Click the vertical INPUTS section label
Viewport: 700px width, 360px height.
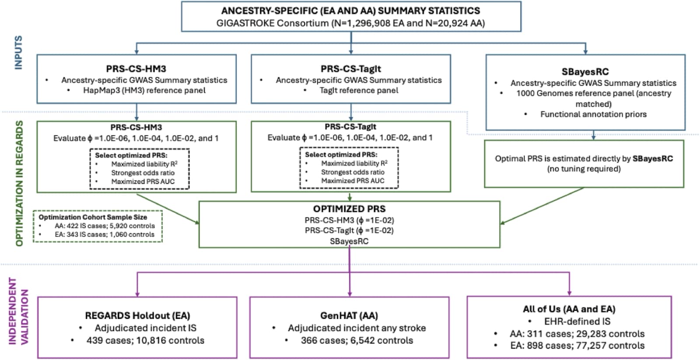pos(18,52)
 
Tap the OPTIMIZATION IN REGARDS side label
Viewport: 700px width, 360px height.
pos(19,184)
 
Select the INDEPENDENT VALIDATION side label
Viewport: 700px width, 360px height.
pos(18,311)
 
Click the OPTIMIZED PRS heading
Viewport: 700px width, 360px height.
pos(350,209)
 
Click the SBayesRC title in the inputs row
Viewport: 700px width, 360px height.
pos(585,72)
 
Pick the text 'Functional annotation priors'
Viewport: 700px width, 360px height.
pos(593,114)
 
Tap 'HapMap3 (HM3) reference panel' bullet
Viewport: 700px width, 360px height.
pos(144,90)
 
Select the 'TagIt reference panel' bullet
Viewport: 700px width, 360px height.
pos(359,90)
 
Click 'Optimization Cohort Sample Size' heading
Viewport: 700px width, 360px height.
pos(93,217)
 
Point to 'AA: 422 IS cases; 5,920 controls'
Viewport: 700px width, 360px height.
pos(105,226)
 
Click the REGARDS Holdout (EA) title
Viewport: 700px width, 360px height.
pos(137,316)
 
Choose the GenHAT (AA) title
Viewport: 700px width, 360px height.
pos(349,316)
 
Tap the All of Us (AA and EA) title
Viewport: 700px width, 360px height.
pos(569,309)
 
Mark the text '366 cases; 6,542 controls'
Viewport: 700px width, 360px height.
pos(357,340)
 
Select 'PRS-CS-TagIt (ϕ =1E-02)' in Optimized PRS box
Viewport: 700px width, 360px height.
pos(350,231)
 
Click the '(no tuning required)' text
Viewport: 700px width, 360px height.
pos(584,169)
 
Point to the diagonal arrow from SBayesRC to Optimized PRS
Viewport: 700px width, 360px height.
pos(542,206)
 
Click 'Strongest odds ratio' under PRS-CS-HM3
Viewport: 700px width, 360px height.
pos(143,173)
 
